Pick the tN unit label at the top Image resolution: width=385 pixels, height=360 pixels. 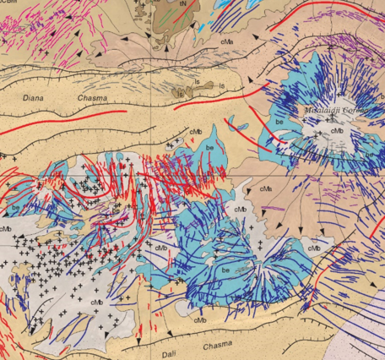click(x=182, y=4)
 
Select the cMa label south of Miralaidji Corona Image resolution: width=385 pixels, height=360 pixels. click(x=266, y=188)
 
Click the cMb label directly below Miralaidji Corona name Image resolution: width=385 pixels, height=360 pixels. click(x=336, y=131)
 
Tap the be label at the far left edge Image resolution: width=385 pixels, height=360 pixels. click(x=16, y=206)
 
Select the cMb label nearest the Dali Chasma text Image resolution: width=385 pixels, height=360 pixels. click(x=200, y=319)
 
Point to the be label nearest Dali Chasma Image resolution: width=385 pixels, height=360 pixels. click(x=225, y=270)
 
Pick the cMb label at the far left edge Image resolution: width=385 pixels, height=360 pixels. click(x=6, y=228)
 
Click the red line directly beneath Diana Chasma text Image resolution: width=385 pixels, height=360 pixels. click(x=80, y=112)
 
